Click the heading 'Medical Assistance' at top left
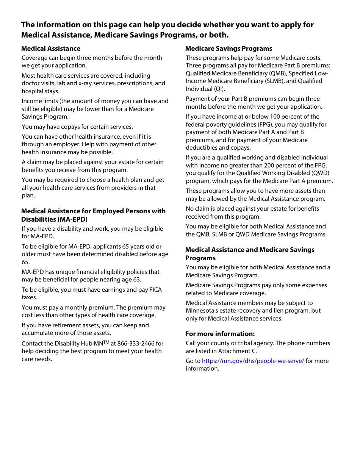click(50, 48)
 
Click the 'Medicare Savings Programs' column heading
click(229, 48)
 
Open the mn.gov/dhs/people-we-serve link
click(253, 361)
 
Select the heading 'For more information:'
click(220, 334)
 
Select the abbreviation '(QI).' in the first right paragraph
click(218, 89)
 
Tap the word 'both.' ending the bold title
click(219, 35)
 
